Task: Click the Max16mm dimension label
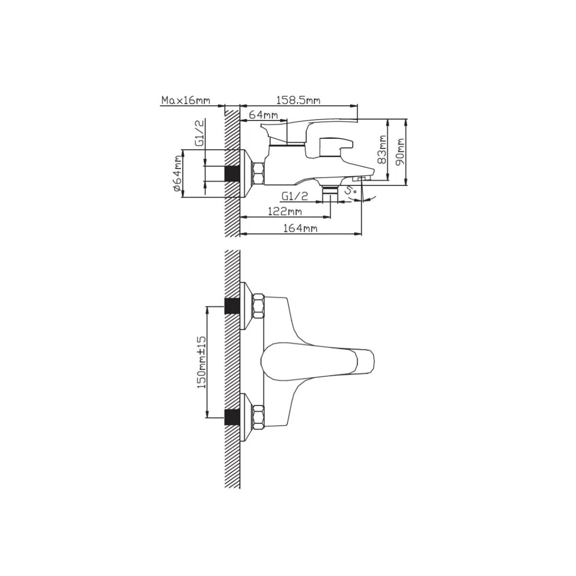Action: coord(186,100)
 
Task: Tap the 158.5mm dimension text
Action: coord(298,100)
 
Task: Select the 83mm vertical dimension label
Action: coord(382,149)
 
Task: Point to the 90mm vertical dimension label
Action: coord(400,152)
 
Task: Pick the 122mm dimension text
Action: coord(285,212)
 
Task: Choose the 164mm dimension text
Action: coord(300,228)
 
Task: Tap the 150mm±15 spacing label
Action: coord(202,362)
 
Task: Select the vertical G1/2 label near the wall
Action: coord(200,132)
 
